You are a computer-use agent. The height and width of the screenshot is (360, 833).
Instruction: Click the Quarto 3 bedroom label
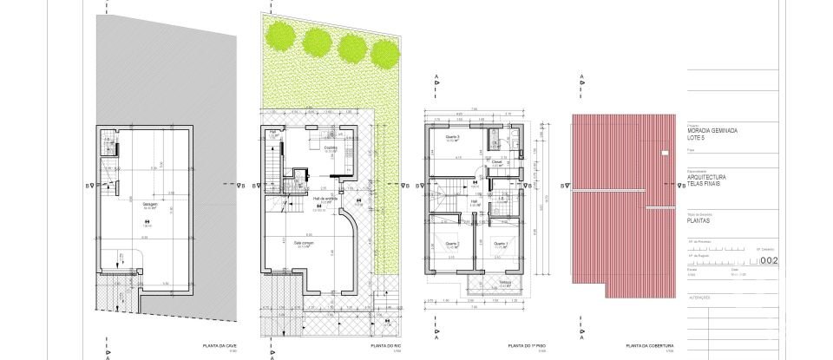coord(451,137)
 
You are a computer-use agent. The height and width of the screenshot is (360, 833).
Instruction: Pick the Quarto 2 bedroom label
coord(451,243)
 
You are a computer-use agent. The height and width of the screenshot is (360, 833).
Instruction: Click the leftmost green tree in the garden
coord(280,37)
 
